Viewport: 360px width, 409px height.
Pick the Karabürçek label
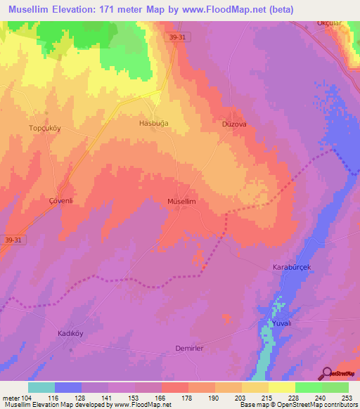[292, 268]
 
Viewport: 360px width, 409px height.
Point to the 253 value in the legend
[345, 398]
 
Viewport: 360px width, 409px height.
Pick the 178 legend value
[186, 398]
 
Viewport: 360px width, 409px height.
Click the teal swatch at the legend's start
[41, 387]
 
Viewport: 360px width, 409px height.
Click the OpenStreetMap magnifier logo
[326, 372]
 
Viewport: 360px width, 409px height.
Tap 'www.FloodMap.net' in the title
[228, 9]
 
